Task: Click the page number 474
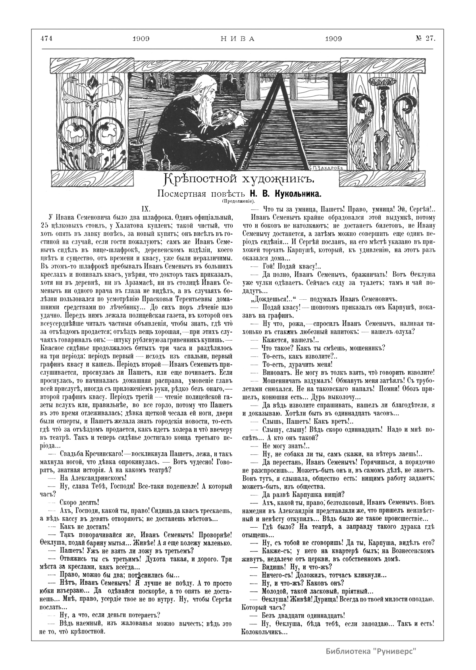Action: point(47,39)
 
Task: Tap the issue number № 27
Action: point(425,38)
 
